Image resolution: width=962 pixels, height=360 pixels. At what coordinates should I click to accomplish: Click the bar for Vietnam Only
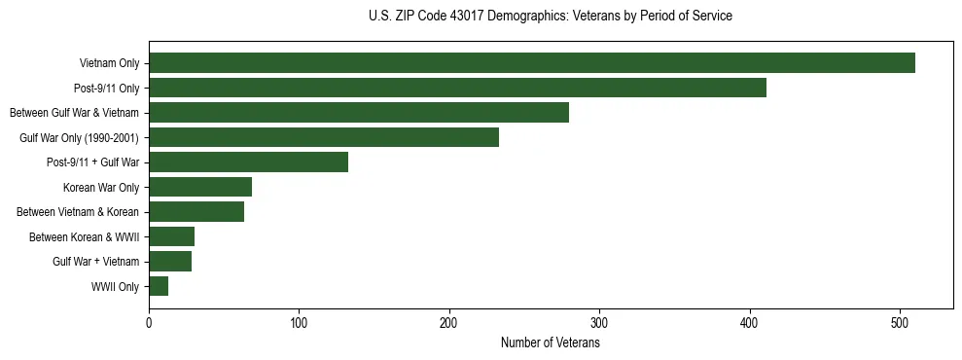[x=532, y=63]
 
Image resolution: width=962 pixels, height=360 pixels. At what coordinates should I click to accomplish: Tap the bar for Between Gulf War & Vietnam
[x=359, y=113]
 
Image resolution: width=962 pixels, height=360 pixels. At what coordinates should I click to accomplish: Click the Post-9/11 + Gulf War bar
[x=248, y=162]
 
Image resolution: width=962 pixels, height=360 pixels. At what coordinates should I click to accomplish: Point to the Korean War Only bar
[x=200, y=187]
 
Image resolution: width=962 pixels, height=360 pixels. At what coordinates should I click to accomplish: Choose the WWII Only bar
[x=159, y=286]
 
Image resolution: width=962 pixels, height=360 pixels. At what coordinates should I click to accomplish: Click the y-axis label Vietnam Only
[x=109, y=64]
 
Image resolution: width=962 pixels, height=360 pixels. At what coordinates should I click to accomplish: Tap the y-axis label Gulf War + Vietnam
[x=95, y=262]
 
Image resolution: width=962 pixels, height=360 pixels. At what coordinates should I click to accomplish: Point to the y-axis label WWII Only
[x=115, y=287]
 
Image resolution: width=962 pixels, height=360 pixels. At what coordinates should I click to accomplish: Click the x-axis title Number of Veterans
[x=550, y=343]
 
